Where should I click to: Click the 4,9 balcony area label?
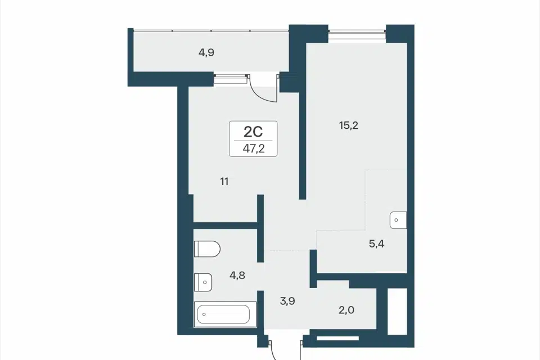206,52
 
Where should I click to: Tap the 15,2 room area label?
349,125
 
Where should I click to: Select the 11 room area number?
224,181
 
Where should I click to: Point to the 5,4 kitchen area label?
376,244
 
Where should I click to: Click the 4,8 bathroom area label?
237,275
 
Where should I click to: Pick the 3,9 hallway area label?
287,301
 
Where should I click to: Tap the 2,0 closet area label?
346,310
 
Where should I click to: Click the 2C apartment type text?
253,131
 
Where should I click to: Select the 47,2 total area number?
254,148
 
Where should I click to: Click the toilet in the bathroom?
207,249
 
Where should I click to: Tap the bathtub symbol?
225,314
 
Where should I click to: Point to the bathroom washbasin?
203,282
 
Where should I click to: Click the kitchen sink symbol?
398,220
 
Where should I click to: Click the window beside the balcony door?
231,79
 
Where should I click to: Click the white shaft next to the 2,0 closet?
397,311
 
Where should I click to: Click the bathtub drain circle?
204,314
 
